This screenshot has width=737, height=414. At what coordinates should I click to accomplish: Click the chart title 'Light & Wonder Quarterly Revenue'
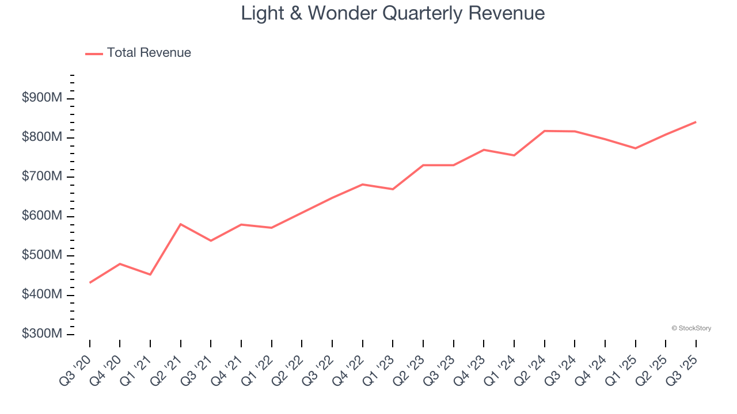click(393, 13)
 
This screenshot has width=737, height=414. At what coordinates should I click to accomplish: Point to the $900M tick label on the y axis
click(41, 98)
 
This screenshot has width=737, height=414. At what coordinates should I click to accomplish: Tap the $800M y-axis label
click(41, 137)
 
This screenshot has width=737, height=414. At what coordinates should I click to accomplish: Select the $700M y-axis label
click(41, 177)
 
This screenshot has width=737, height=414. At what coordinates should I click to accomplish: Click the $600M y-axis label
click(41, 216)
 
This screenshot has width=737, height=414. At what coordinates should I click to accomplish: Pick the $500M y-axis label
click(41, 255)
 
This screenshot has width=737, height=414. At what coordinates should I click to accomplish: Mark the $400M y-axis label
click(41, 294)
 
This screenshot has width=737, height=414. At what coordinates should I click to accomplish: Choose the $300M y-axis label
click(41, 334)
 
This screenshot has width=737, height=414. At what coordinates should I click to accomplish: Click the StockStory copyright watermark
click(691, 328)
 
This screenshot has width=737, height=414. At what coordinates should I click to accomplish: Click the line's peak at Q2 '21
click(181, 224)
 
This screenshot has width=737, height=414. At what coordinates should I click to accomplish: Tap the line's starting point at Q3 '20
click(90, 283)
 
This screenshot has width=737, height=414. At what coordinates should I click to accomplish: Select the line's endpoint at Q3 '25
click(696, 122)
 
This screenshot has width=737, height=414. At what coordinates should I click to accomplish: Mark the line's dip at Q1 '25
click(635, 148)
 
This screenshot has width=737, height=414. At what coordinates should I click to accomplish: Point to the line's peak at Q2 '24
click(544, 131)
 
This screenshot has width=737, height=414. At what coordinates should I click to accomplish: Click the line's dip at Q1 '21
click(150, 274)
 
